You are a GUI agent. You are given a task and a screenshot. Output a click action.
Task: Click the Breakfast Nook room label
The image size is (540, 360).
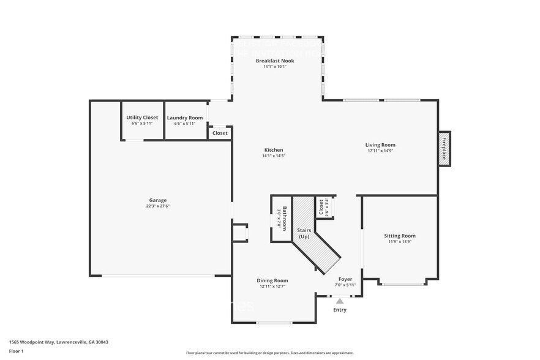(274, 61)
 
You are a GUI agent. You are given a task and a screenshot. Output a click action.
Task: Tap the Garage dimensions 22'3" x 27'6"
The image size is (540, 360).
(158, 206)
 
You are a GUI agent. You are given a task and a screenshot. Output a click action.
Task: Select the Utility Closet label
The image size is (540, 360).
(142, 118)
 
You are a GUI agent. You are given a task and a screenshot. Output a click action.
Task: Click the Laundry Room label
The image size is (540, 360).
(185, 118)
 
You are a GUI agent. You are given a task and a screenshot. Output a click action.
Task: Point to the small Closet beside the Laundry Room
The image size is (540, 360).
(220, 133)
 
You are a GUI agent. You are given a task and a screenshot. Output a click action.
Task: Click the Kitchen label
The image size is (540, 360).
(274, 150)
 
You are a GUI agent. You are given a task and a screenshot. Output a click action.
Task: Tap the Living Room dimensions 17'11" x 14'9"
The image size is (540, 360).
(380, 151)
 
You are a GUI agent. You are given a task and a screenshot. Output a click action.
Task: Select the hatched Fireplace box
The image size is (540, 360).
(444, 148)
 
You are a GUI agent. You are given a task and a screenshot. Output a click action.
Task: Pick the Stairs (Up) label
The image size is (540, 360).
(304, 233)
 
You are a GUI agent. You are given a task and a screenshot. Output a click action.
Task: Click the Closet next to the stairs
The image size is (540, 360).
(321, 208)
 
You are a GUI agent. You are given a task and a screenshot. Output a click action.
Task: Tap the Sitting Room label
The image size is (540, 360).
(400, 236)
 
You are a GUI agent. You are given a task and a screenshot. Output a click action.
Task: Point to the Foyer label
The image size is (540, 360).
(345, 279)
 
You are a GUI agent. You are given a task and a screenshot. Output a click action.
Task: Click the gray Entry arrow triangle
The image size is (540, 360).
(340, 301)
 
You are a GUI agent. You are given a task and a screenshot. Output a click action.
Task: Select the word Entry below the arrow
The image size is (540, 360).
(340, 310)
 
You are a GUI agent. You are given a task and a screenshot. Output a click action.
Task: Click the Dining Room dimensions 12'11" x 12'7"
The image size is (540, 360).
(272, 286)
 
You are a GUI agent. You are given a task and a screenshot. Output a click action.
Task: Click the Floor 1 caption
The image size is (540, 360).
(16, 351)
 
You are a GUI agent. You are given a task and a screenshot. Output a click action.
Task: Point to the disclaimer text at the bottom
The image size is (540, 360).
(270, 353)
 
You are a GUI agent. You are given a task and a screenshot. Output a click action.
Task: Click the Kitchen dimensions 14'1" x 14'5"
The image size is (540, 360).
(274, 156)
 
